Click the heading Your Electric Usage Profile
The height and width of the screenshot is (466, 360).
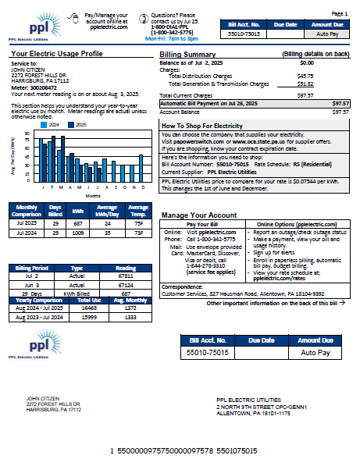pos(56,54)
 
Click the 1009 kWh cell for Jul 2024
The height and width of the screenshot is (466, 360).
pos(78,232)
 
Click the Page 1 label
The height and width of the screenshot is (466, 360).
pos(340,14)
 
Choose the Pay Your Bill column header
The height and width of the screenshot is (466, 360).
pos(202,224)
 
